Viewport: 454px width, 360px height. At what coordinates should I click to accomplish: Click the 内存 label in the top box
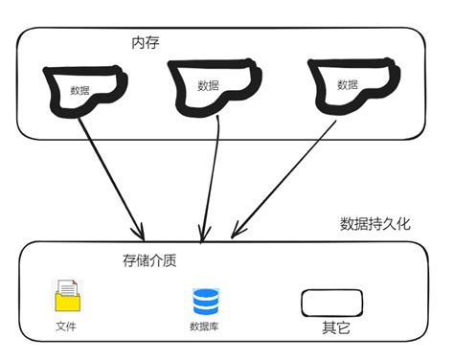pos(145,43)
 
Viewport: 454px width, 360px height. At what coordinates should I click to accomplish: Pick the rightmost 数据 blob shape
pos(351,86)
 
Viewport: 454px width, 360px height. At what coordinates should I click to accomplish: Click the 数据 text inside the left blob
pos(80,91)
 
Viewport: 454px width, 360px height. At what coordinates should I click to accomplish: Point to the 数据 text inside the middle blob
pos(208,85)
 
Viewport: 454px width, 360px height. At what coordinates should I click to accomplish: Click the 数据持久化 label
pos(375,224)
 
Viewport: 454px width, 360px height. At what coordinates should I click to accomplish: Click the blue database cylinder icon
pos(206,302)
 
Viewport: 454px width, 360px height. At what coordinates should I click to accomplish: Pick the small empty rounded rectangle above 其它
pos(332,304)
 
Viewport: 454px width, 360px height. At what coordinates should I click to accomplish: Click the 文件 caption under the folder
pos(66,326)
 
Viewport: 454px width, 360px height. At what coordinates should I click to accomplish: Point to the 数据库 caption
pos(206,326)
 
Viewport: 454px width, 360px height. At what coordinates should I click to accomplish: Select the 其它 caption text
pos(333,328)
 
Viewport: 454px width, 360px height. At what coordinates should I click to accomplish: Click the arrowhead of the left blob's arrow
pos(140,234)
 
